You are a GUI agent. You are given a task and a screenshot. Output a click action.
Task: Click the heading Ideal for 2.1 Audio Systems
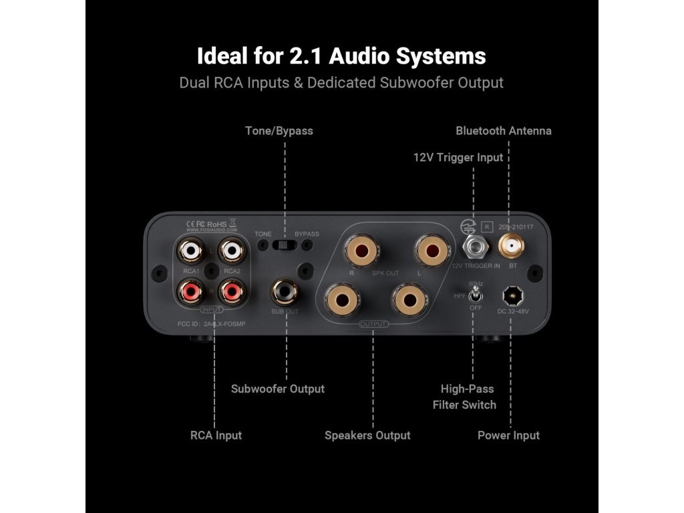tap(341, 55)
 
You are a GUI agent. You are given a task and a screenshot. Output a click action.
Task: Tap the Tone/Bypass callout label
tap(279, 131)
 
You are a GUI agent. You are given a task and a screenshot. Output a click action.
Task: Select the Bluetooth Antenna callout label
tap(504, 131)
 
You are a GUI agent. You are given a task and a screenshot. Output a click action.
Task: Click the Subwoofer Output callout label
tap(277, 389)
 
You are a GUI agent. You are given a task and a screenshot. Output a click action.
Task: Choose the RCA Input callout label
tap(216, 436)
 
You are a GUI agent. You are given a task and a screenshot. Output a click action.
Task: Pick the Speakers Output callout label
tap(367, 436)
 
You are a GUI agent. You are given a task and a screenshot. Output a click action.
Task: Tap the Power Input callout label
tap(508, 436)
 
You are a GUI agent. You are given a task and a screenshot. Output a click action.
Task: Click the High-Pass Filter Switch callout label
tap(464, 397)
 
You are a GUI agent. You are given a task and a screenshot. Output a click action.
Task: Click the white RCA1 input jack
tap(191, 252)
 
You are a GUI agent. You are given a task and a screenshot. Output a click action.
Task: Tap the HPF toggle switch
tap(476, 295)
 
